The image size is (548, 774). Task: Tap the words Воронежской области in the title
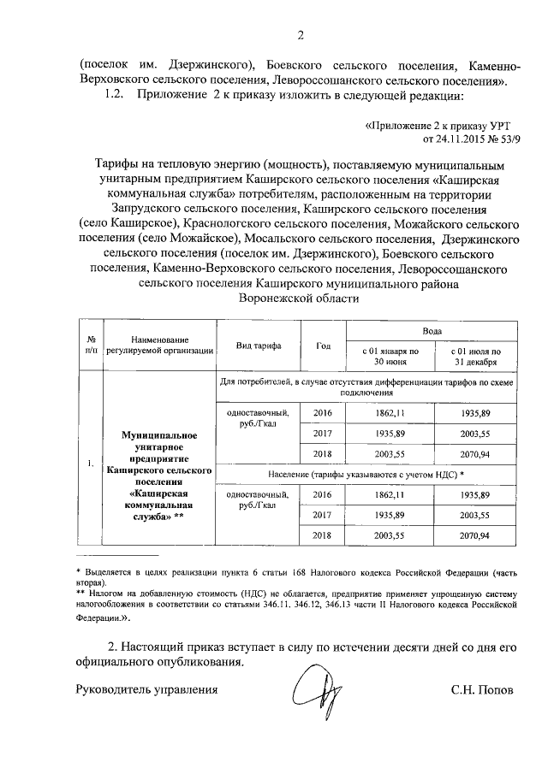pyautogui.click(x=297, y=298)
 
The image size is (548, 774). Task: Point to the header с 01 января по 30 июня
pyautogui.click(x=390, y=356)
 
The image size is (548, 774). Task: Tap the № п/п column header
pyautogui.click(x=89, y=345)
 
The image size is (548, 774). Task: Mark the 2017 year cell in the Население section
pyautogui.click(x=322, y=515)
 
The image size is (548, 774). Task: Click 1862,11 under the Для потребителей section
pyautogui.click(x=390, y=412)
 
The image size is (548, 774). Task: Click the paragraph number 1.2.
pyautogui.click(x=114, y=97)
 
